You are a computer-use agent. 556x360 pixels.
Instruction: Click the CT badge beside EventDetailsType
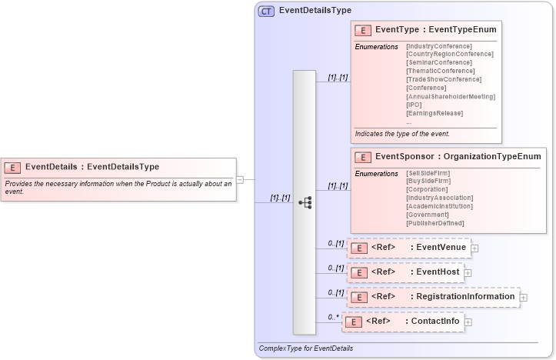pos(266,12)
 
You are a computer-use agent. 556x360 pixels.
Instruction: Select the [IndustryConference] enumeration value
pos(439,46)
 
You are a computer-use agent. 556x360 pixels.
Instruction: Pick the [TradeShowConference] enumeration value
pos(444,79)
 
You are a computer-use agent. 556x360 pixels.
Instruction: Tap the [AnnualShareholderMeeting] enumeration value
pos(451,96)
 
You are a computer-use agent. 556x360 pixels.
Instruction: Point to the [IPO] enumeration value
pos(414,105)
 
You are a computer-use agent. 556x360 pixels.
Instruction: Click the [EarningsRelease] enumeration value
pos(434,113)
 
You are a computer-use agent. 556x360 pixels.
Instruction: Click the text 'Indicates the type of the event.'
pos(402,134)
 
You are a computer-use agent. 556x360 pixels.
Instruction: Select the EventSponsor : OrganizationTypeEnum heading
pos(458,157)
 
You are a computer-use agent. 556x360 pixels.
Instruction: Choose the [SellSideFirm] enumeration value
pos(428,173)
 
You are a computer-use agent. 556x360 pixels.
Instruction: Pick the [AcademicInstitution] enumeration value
pos(439,206)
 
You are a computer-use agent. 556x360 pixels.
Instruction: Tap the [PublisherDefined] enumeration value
pos(435,223)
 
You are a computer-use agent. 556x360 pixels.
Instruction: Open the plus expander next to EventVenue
pos(474,248)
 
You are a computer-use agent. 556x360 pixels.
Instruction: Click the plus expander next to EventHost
pos(468,273)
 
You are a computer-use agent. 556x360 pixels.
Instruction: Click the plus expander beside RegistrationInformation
pos(524,297)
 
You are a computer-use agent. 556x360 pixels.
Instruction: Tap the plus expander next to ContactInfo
pos(468,322)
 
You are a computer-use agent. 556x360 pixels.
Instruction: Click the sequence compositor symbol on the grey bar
pos(305,202)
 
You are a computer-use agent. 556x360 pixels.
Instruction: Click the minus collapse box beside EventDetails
pos(240,179)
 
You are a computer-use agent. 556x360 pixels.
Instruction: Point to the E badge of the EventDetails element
pos(12,167)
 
